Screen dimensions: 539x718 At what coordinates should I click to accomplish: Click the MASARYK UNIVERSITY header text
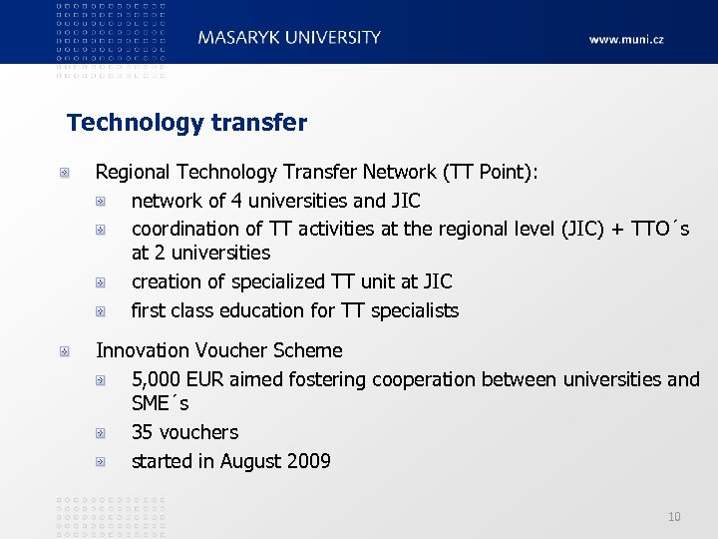[x=289, y=38]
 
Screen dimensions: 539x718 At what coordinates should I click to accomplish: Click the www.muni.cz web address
[x=625, y=40]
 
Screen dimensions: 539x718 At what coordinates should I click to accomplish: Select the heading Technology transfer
[x=186, y=123]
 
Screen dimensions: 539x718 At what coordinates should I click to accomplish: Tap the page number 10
[x=674, y=516]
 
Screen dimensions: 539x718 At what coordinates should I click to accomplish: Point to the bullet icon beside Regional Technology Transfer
[x=64, y=174]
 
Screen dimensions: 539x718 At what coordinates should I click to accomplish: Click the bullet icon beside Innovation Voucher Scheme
[x=64, y=351]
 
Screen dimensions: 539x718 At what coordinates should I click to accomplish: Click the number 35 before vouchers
[x=143, y=432]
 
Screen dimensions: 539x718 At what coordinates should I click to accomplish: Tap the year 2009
[x=309, y=461]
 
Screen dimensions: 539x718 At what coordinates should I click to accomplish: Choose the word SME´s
[x=160, y=404]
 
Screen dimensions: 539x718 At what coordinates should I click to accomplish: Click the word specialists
[x=415, y=310]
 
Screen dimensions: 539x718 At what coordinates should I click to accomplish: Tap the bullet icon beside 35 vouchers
[x=101, y=433]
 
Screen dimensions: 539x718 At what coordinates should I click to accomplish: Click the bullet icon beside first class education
[x=101, y=311]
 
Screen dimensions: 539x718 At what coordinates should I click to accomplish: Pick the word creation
[x=164, y=281]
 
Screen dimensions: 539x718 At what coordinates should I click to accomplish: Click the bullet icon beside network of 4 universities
[x=101, y=202]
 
